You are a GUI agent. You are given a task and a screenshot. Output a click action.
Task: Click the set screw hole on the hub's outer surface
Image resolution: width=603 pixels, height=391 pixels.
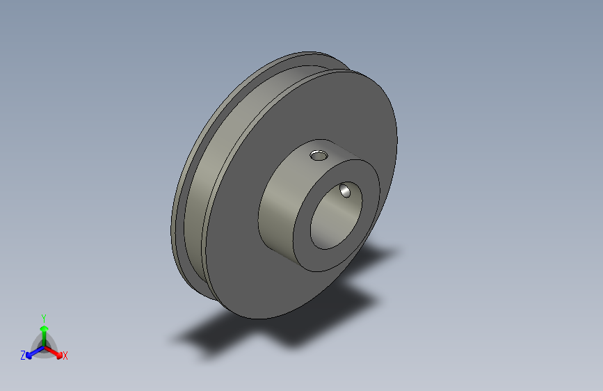[319, 155]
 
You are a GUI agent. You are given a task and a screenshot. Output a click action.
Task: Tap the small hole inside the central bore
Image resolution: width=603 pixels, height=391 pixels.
[345, 191]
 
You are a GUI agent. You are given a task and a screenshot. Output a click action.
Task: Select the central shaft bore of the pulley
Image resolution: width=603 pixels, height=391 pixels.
[336, 216]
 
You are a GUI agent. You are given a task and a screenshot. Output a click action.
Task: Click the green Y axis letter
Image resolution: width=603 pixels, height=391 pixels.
[44, 319]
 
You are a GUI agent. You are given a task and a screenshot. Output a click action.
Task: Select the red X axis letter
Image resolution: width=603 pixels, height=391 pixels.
[65, 356]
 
